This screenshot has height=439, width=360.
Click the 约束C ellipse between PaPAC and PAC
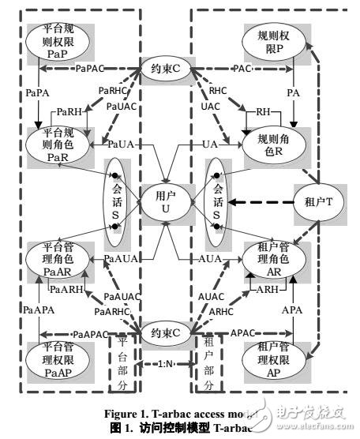point(164,69)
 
